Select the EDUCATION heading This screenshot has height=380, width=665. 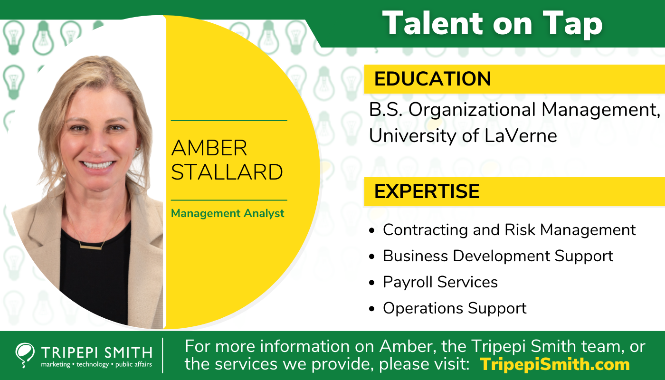(432, 79)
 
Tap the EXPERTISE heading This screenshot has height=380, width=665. (427, 191)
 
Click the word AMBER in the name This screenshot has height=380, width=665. (209, 148)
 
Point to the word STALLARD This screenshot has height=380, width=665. (227, 172)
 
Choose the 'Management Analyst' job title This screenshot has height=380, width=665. (228, 213)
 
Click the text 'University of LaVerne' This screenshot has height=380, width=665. (463, 136)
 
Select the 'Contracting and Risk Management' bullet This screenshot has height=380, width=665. (509, 230)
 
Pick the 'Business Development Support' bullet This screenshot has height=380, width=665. (498, 256)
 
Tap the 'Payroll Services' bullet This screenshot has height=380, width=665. (440, 282)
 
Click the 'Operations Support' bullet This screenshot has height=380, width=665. (455, 308)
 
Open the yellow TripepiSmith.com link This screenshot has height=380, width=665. (555, 364)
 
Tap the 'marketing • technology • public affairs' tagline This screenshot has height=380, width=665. (96, 365)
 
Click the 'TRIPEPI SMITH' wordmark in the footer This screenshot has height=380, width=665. (96, 352)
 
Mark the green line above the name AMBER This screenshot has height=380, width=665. (229, 121)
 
